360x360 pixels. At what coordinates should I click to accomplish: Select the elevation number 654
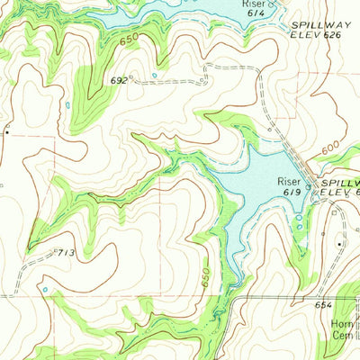coord(323,306)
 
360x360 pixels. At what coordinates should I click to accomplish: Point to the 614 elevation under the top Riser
coord(255,15)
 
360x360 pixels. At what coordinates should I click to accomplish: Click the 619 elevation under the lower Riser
coord(288,192)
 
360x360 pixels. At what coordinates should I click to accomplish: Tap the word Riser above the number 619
coord(290,180)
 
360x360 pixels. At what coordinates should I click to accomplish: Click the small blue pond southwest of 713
coord(44,290)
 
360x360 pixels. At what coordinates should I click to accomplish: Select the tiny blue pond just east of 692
coord(155,75)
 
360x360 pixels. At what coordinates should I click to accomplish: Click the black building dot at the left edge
coord(5,131)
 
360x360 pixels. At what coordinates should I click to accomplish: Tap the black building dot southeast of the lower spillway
coord(339,243)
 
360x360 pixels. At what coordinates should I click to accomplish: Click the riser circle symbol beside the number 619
coord(307,187)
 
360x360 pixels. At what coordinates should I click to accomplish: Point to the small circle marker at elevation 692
coord(131,78)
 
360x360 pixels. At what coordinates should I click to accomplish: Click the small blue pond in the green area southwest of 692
coord(68,107)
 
